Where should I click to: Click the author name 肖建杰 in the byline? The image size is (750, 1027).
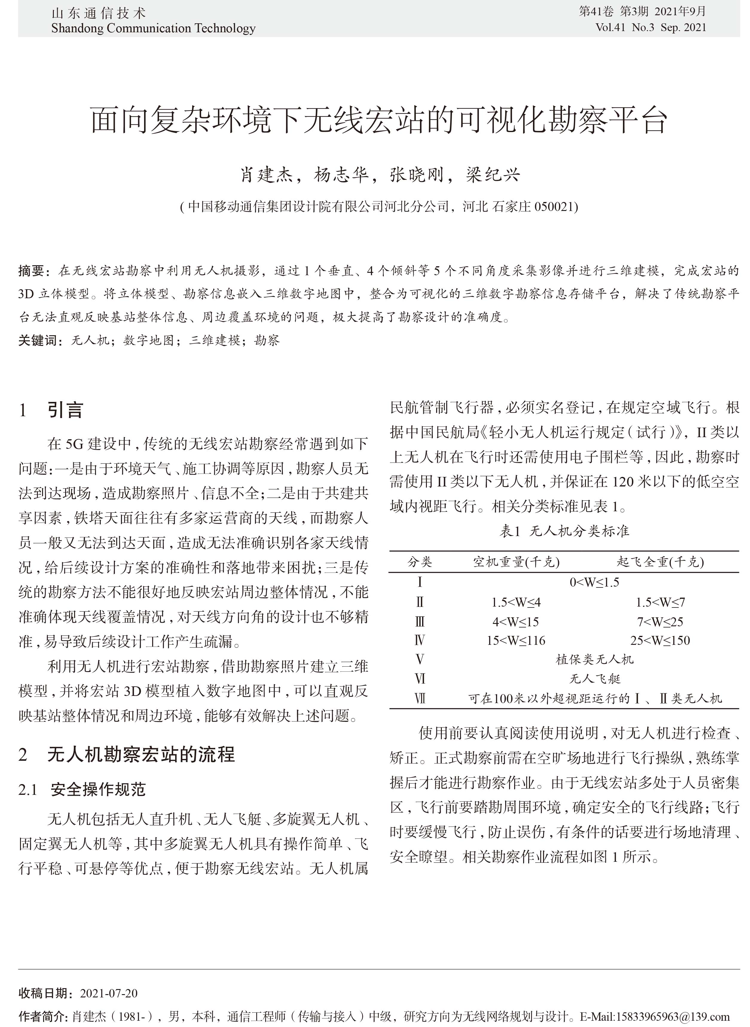tap(267, 175)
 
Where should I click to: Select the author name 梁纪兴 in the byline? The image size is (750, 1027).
tap(493, 175)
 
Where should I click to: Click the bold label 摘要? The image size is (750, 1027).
tap(31, 271)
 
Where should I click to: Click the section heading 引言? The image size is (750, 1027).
tap(65, 410)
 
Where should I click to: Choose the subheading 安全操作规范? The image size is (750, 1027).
tap(98, 790)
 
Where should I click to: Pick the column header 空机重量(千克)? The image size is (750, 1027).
tap(516, 562)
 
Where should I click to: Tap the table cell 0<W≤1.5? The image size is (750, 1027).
tap(594, 582)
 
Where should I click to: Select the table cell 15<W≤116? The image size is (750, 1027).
tap(516, 640)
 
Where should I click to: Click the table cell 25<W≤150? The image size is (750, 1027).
tap(660, 640)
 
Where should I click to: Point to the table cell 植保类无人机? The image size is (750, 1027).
tap(594, 659)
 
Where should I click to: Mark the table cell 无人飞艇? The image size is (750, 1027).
tap(594, 679)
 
